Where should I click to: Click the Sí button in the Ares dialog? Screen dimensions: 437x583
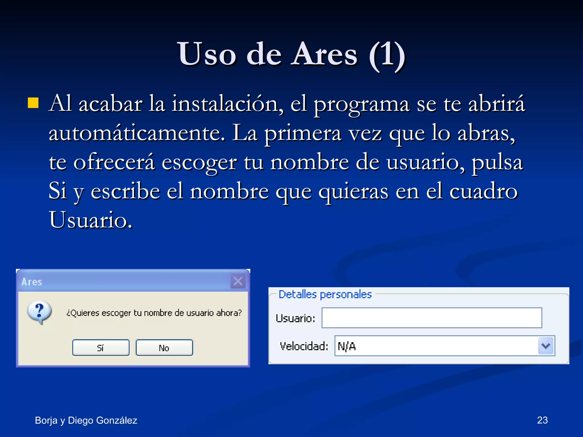(101, 347)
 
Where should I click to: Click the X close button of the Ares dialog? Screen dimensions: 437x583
(238, 281)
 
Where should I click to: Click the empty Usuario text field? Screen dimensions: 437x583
(431, 318)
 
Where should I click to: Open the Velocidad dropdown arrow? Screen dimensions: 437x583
(546, 346)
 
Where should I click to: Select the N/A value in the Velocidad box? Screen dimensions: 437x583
(347, 346)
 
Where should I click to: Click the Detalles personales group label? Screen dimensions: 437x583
(325, 294)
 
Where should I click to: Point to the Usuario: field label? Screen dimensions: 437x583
(295, 318)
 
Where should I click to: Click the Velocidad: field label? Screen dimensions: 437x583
(304, 346)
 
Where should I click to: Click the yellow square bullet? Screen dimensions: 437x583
(33, 103)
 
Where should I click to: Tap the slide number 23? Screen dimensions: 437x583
(542, 420)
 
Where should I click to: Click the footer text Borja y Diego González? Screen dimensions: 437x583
(86, 420)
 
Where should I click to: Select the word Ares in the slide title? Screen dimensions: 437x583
(325, 54)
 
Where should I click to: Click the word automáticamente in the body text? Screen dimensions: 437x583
(137, 133)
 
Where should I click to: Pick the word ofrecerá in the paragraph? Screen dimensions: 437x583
(114, 162)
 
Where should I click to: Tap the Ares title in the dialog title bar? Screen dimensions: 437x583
(32, 282)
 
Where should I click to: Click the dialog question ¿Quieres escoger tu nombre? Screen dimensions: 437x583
(154, 313)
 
